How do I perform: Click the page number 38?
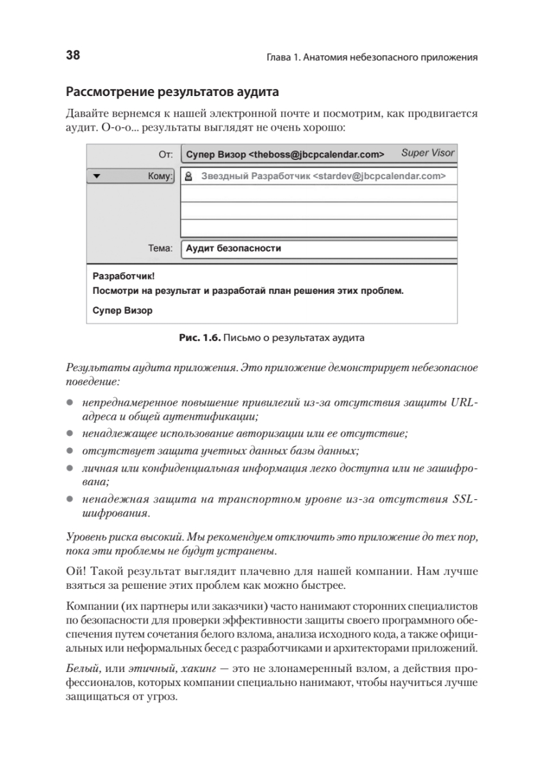coord(72,56)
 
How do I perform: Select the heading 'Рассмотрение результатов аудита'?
coord(172,93)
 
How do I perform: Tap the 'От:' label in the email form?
coord(165,154)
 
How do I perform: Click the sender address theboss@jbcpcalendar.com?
coord(316,154)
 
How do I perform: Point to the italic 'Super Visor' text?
coord(427,154)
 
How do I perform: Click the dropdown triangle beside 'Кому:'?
coord(97,176)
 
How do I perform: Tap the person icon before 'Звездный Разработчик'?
coord(189,176)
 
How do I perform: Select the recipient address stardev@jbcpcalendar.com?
coord(379,176)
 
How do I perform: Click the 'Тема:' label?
coord(160,248)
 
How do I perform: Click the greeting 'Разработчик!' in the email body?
coord(119,276)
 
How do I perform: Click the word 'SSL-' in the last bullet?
coord(465,499)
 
